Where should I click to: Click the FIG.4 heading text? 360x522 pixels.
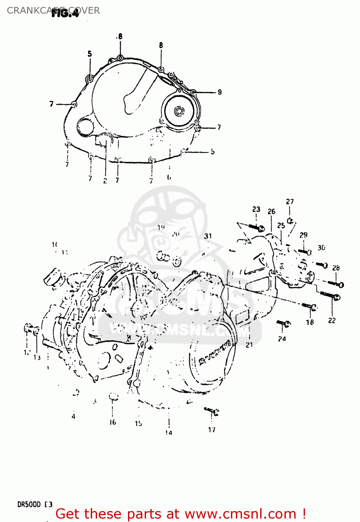click(65, 13)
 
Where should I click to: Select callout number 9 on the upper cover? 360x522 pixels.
click(219, 92)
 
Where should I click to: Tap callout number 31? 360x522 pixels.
click(208, 236)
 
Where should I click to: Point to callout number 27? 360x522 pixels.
click(290, 201)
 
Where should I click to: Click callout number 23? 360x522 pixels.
click(256, 209)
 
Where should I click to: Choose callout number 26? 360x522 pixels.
click(271, 211)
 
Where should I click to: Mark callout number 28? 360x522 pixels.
click(336, 268)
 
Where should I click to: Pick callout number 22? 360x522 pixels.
click(332, 321)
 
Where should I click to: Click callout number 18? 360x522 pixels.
click(310, 322)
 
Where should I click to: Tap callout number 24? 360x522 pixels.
click(282, 339)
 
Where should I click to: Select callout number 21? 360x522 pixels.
click(249, 345)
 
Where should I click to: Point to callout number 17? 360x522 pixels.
click(211, 430)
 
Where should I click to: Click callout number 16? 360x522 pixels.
click(113, 422)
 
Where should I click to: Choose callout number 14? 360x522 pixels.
click(169, 433)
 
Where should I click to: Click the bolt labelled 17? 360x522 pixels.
click(212, 412)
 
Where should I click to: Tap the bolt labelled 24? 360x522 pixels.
click(283, 324)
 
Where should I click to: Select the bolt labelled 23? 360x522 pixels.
click(257, 228)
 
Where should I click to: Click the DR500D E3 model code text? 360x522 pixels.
click(35, 504)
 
